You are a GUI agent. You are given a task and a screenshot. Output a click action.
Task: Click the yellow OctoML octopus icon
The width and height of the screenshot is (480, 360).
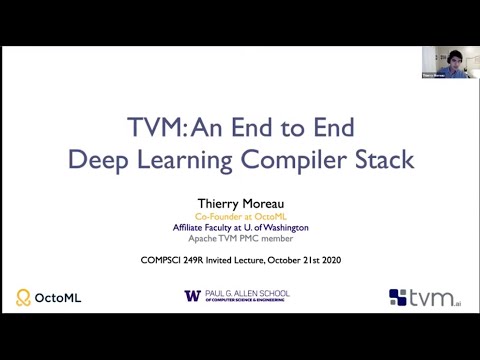pyautogui.click(x=24, y=297)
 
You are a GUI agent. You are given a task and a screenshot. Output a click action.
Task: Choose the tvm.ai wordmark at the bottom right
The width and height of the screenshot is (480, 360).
pyautogui.click(x=437, y=296)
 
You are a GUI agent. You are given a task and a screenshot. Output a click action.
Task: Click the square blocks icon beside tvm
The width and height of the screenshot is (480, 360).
pyautogui.click(x=399, y=297)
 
